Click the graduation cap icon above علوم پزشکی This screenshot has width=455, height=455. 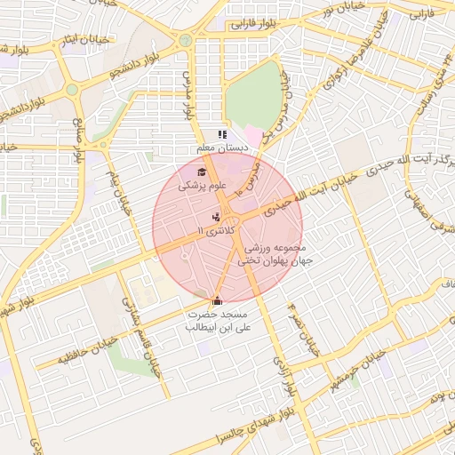202,172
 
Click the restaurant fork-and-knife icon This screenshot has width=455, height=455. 221,134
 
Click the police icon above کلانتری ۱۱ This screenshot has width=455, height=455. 216,217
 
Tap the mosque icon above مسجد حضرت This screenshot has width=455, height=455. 218,300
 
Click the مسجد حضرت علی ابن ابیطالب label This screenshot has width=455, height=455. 219,322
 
